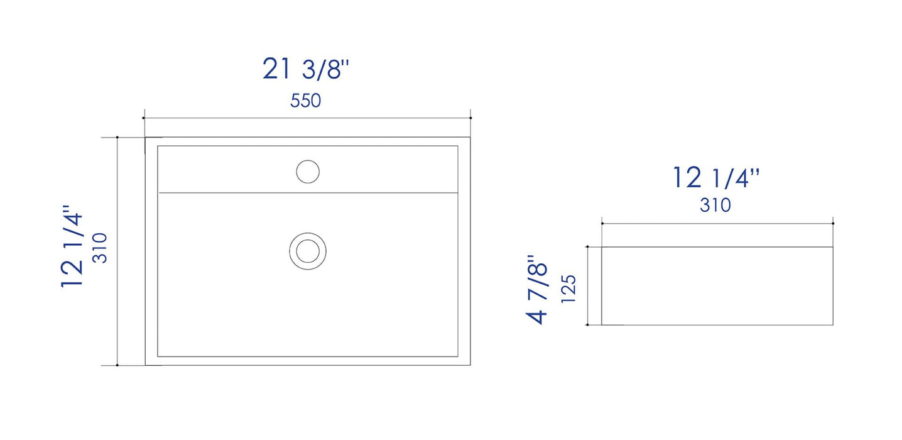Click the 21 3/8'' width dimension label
click(x=305, y=69)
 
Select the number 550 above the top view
click(x=305, y=101)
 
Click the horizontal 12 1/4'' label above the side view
click(x=716, y=179)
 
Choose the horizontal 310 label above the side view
click(x=715, y=205)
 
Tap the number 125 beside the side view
click(x=568, y=289)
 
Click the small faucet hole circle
click(x=308, y=172)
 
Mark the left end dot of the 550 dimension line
click(x=144, y=118)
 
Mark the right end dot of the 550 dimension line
click(x=471, y=118)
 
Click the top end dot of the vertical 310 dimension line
click(x=117, y=137)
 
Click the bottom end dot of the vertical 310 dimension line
click(x=117, y=365)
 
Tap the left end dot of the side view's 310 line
click(x=602, y=223)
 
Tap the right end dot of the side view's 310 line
click(x=833, y=223)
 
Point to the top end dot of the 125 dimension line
click(x=587, y=247)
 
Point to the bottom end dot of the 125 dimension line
click(x=587, y=325)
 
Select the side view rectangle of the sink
click(x=717, y=286)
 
